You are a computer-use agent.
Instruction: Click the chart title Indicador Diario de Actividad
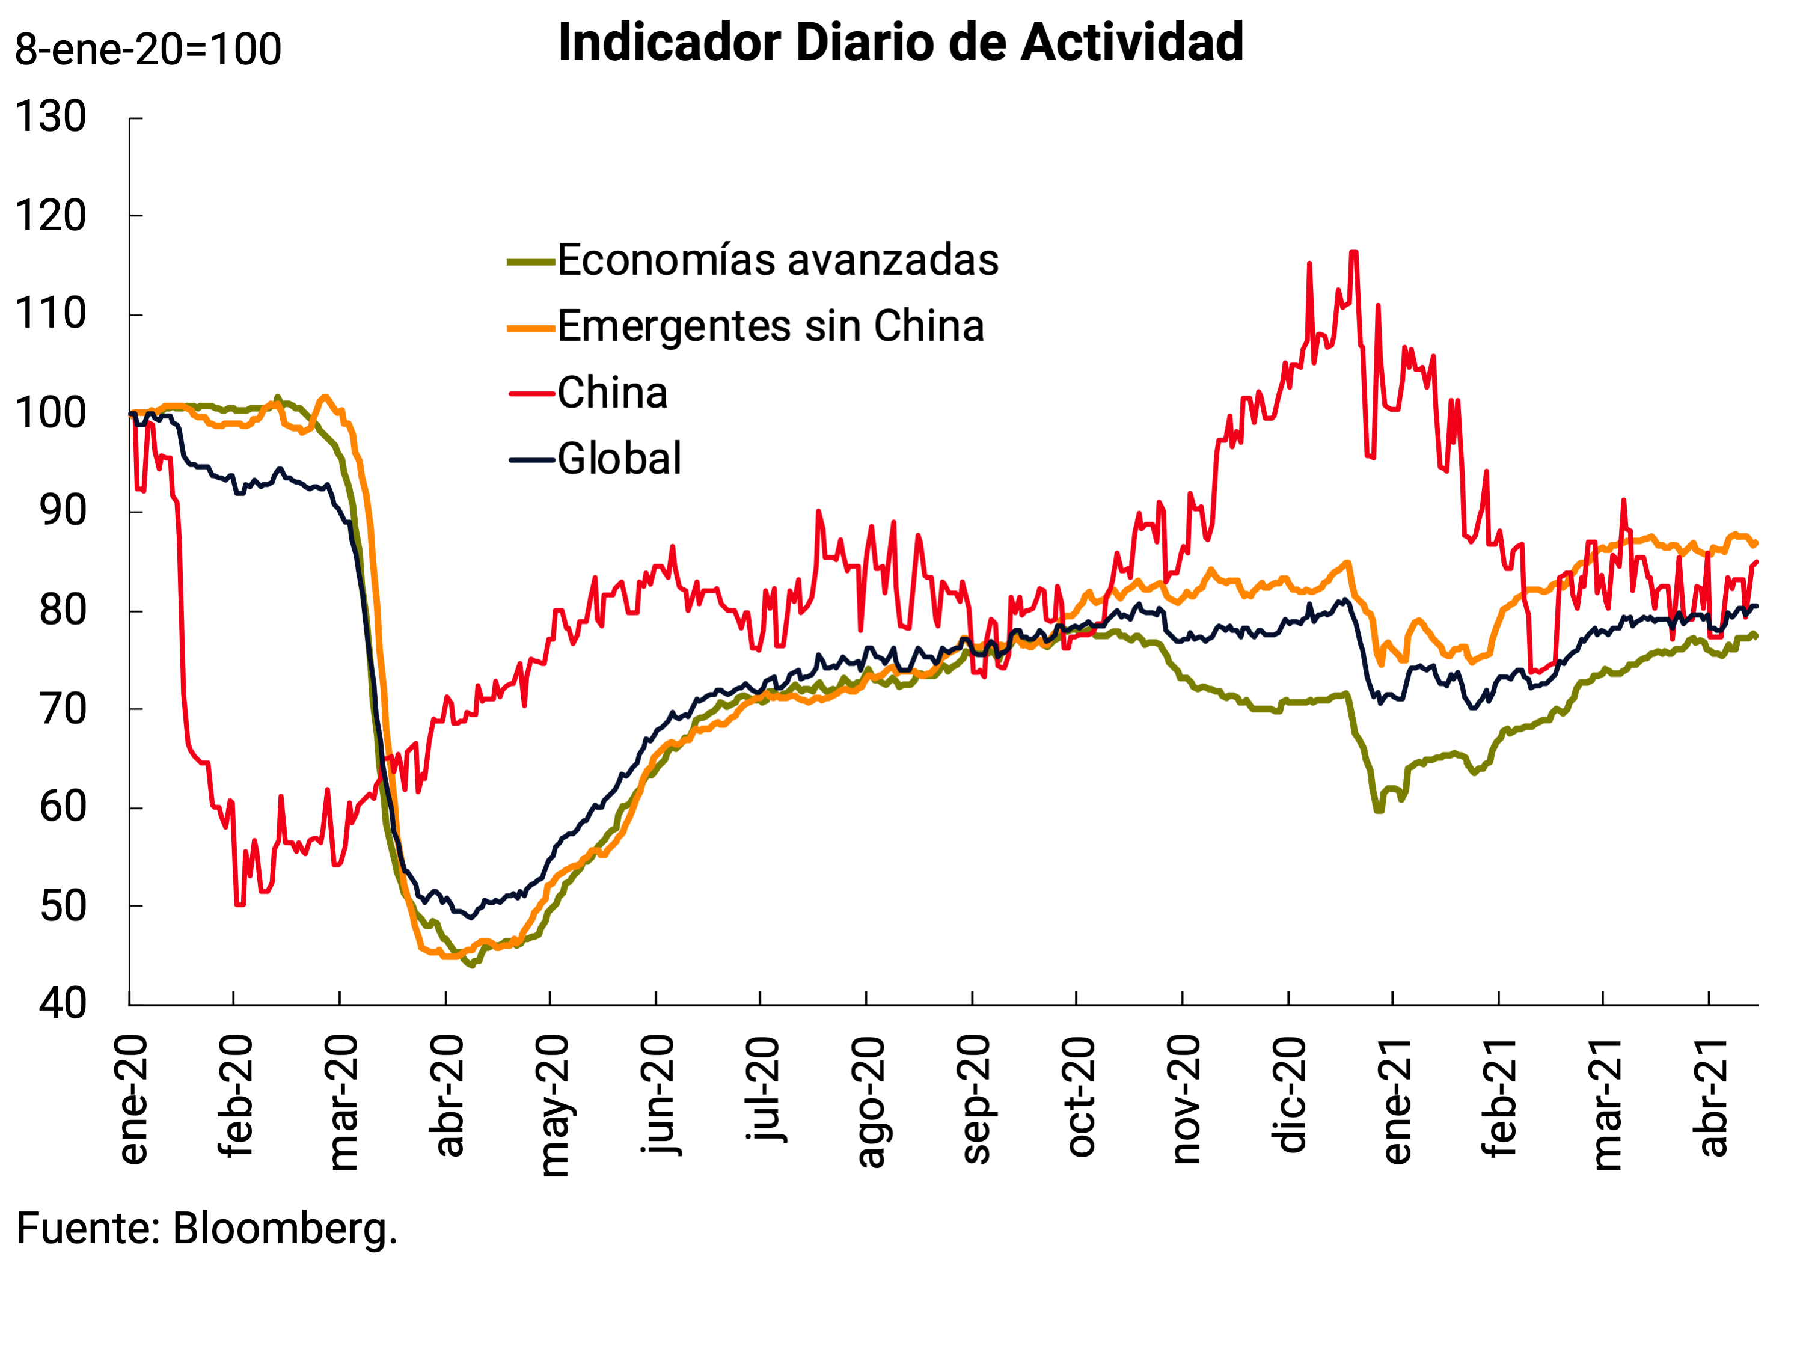point(901,42)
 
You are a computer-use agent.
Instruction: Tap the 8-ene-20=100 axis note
point(148,50)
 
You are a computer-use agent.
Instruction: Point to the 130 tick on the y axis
point(51,117)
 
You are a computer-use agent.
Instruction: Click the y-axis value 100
point(51,413)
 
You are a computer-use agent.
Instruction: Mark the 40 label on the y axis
point(62,1003)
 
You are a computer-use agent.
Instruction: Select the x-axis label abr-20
point(449,1096)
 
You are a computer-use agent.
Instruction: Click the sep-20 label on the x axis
point(976,1100)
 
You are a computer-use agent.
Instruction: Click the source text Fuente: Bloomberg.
point(207,1228)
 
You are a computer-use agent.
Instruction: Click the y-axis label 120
point(51,216)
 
